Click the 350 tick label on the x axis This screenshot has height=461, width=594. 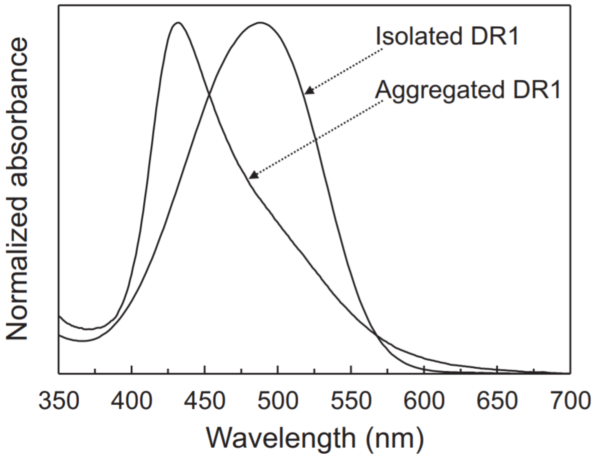click(x=59, y=401)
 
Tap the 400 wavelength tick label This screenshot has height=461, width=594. click(x=132, y=401)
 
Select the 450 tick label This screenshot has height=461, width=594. click(x=204, y=401)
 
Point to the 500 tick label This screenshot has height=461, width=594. click(x=278, y=401)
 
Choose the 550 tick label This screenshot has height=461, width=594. click(x=351, y=401)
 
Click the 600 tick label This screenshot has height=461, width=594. click(x=424, y=401)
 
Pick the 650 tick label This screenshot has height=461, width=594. click(x=497, y=401)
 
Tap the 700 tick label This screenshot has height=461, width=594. click(x=570, y=401)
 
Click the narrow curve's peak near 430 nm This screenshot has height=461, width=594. click(x=178, y=23)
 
